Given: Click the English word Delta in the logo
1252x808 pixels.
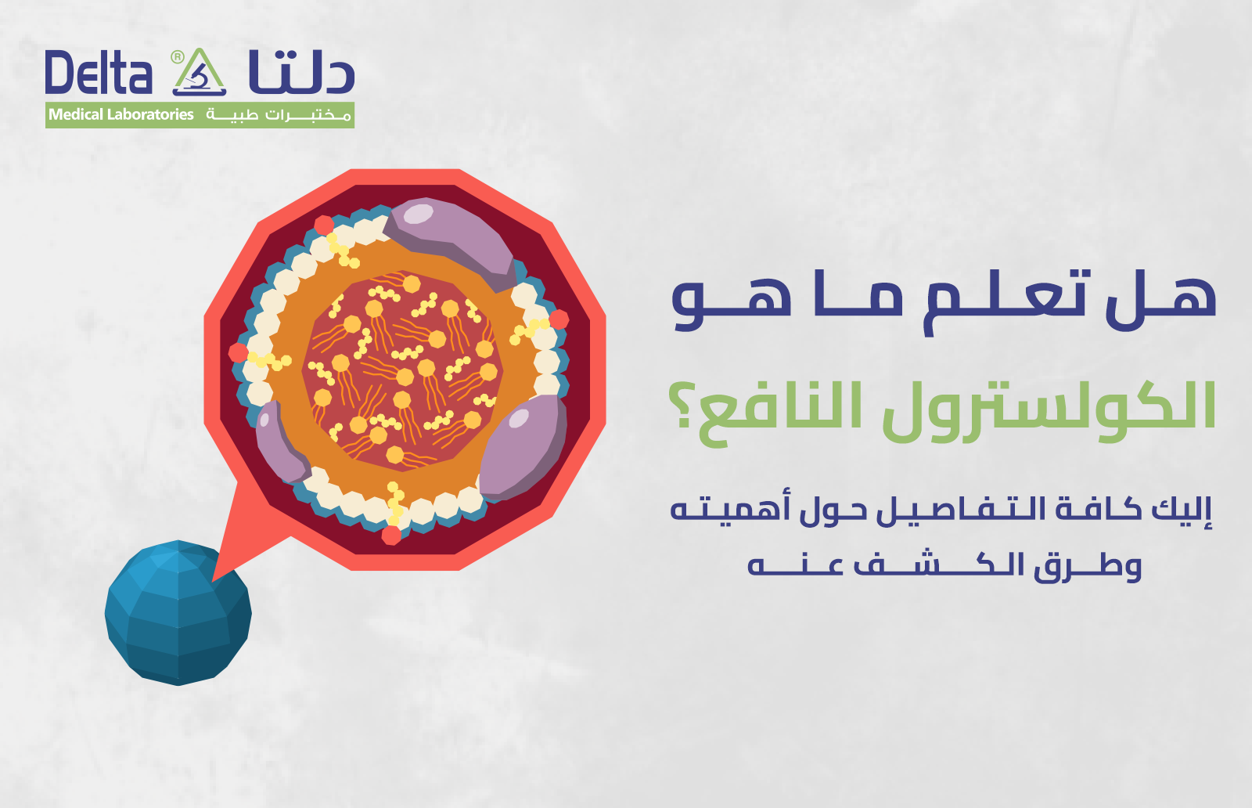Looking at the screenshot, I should [x=98, y=74].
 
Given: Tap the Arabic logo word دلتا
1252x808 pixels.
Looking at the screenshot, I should [x=301, y=72].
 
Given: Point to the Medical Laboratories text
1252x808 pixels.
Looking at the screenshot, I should [x=121, y=115].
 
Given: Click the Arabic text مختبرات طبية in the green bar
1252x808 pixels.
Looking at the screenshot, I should [x=278, y=115].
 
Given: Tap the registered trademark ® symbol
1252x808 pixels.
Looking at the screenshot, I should [x=178, y=56].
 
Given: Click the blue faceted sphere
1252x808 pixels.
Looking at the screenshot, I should [x=178, y=613].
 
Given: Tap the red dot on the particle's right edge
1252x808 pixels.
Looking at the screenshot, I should [x=559, y=319].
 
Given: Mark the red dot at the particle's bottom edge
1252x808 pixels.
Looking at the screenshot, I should [x=391, y=536].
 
